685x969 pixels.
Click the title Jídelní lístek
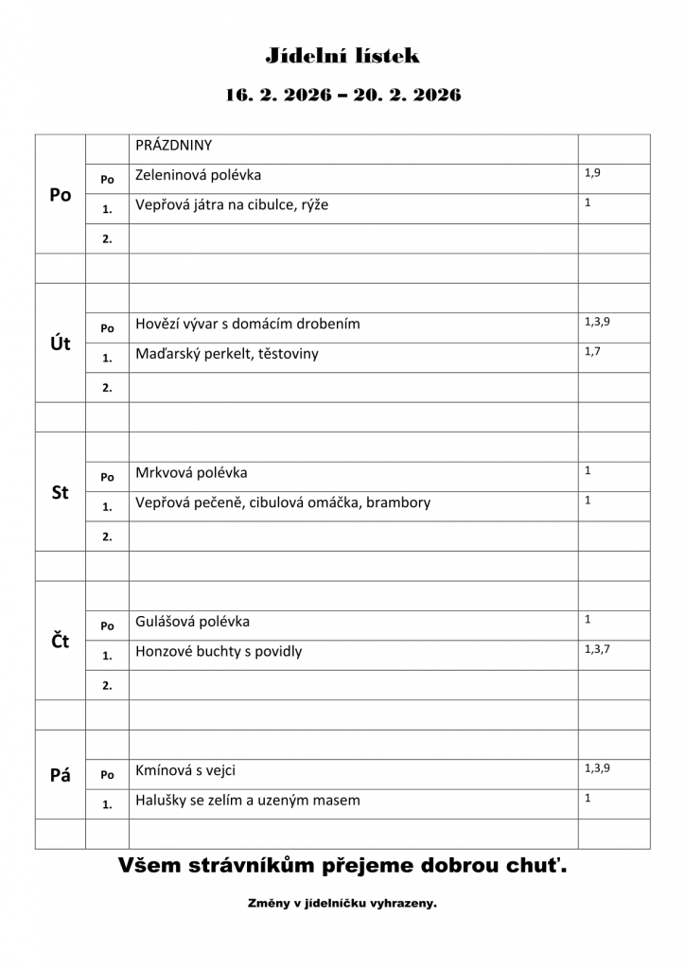click(x=342, y=56)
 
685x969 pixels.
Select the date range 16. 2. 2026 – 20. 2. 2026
click(x=342, y=95)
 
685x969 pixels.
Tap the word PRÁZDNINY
click(x=174, y=146)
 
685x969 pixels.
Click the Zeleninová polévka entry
click(x=199, y=175)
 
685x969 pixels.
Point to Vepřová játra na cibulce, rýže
click(x=232, y=204)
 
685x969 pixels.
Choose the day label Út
click(x=61, y=344)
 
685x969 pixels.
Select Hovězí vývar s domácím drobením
click(x=248, y=324)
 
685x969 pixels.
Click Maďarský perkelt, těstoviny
click(x=227, y=354)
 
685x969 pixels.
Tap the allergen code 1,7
click(x=593, y=351)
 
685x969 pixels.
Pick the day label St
click(x=61, y=492)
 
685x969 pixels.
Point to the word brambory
click(x=400, y=502)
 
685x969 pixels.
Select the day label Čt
click(x=61, y=642)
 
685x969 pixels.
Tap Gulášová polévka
click(x=193, y=622)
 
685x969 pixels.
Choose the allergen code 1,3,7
click(x=597, y=648)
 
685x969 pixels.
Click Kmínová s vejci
click(x=185, y=770)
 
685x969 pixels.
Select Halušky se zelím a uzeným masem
click(x=248, y=801)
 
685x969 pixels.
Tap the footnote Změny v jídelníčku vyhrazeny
click(x=342, y=904)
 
